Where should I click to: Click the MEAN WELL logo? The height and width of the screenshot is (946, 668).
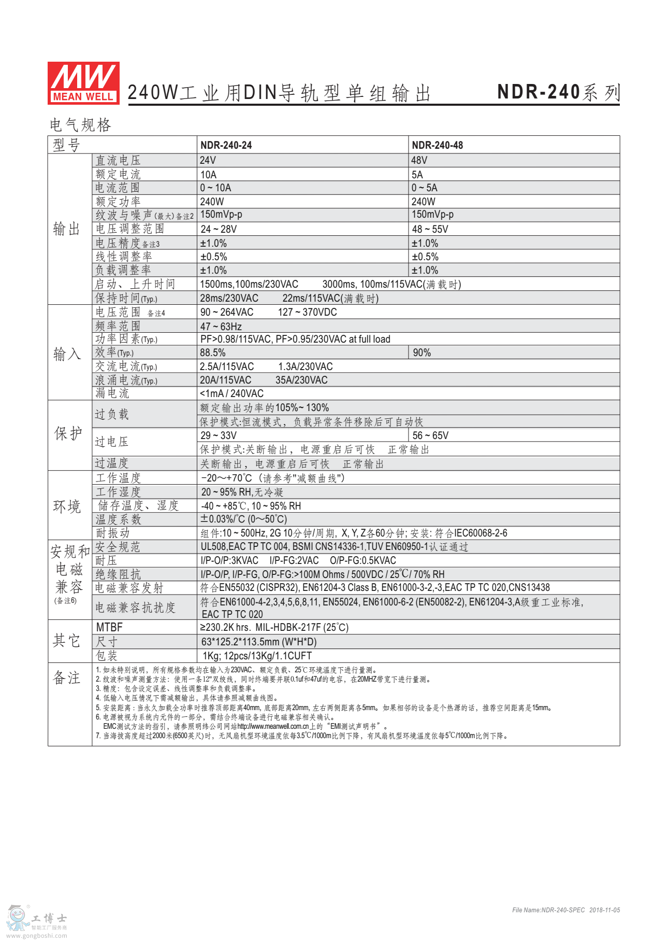click(x=83, y=83)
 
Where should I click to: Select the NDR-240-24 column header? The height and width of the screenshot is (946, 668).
click(x=226, y=145)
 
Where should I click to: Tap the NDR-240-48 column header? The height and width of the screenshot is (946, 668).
click(x=437, y=145)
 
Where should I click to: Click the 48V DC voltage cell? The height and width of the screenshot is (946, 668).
click(x=419, y=160)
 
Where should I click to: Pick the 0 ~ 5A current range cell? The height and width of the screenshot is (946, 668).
click(x=424, y=188)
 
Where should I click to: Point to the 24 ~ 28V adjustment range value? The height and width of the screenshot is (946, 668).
click(x=219, y=229)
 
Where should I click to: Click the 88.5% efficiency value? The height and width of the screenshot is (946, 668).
click(x=213, y=352)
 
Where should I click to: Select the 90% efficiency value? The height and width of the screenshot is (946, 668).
click(x=422, y=352)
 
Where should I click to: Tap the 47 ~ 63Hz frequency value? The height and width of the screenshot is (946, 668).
click(x=221, y=327)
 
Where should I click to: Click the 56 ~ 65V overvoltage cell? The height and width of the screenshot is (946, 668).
click(x=430, y=435)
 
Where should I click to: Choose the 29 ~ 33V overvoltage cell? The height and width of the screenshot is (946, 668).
click(x=219, y=435)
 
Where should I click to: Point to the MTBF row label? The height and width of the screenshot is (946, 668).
click(x=109, y=627)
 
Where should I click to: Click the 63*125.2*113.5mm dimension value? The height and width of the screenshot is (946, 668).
click(x=259, y=642)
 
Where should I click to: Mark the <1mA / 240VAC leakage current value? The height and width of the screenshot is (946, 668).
click(x=232, y=393)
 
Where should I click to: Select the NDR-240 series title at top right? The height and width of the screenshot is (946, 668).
click(x=558, y=92)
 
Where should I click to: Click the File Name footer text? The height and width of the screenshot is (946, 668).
click(x=565, y=910)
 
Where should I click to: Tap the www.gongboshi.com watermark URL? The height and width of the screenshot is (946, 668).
click(x=37, y=936)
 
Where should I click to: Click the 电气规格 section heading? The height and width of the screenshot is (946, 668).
click(x=80, y=125)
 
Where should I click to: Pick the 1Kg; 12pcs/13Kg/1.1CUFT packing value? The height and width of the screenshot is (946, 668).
click(x=257, y=656)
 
